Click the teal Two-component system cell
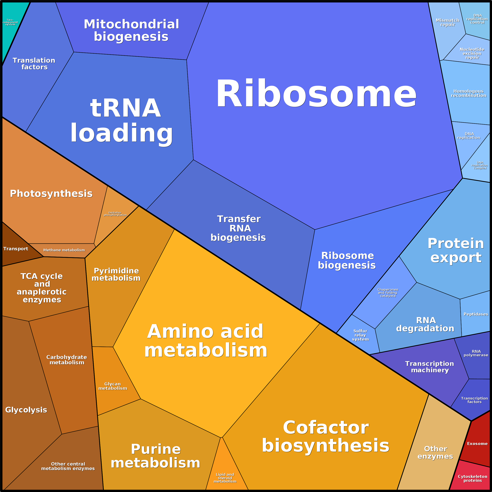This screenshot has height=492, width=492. click(x=12, y=25)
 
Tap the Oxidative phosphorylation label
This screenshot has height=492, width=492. click(x=115, y=214)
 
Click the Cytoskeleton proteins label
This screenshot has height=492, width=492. click(x=472, y=478)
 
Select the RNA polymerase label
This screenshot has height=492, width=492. click(x=476, y=353)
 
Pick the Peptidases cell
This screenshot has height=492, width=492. click(x=475, y=314)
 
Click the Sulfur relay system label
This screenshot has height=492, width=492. click(x=360, y=335)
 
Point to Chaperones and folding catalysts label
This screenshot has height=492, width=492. click(x=388, y=293)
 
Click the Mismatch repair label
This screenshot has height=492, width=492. click(x=447, y=22)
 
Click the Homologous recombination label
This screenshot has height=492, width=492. click(x=468, y=93)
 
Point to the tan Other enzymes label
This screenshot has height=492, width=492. click(x=435, y=452)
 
